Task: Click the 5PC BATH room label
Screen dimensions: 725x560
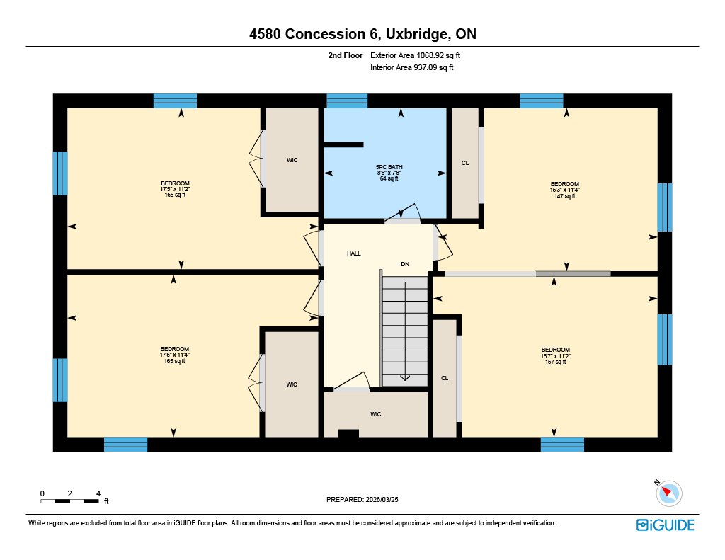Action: (x=389, y=167)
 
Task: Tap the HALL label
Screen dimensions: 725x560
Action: (x=354, y=253)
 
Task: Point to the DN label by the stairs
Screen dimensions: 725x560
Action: (x=405, y=264)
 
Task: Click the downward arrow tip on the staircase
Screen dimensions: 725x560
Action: (x=405, y=380)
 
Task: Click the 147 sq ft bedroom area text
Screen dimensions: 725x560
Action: (x=564, y=196)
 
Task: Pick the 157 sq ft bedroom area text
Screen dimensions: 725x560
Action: (x=555, y=362)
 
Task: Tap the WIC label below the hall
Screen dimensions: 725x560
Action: (x=375, y=414)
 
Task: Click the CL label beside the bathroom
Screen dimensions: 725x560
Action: (x=465, y=163)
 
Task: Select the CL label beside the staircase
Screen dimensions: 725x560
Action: (x=445, y=378)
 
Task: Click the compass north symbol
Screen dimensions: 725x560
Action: (x=668, y=493)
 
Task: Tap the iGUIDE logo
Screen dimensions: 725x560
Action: (x=665, y=525)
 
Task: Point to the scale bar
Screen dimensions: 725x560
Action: (x=70, y=501)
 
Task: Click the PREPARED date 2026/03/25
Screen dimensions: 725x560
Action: (x=382, y=499)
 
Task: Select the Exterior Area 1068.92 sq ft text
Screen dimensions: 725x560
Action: (x=415, y=55)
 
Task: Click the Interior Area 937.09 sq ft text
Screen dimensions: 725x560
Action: (x=411, y=67)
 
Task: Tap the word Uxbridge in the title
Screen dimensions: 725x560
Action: (x=416, y=34)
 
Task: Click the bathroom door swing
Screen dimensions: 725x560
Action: (x=403, y=212)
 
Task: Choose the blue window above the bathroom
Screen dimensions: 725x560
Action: (x=347, y=101)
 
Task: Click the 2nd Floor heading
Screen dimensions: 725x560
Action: (x=346, y=55)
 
